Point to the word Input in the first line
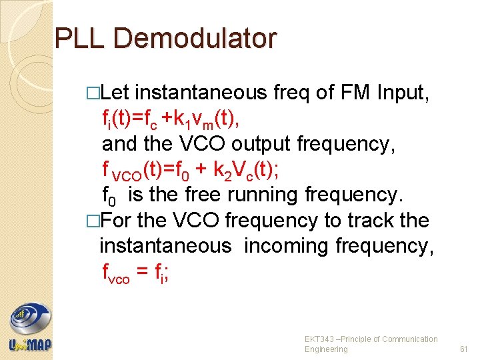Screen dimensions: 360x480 coord(405,93)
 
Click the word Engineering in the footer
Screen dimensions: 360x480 coord(326,349)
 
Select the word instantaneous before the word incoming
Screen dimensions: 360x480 coord(165,246)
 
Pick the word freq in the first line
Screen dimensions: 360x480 coord(292,93)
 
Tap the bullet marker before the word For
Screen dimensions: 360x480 coord(93,221)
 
